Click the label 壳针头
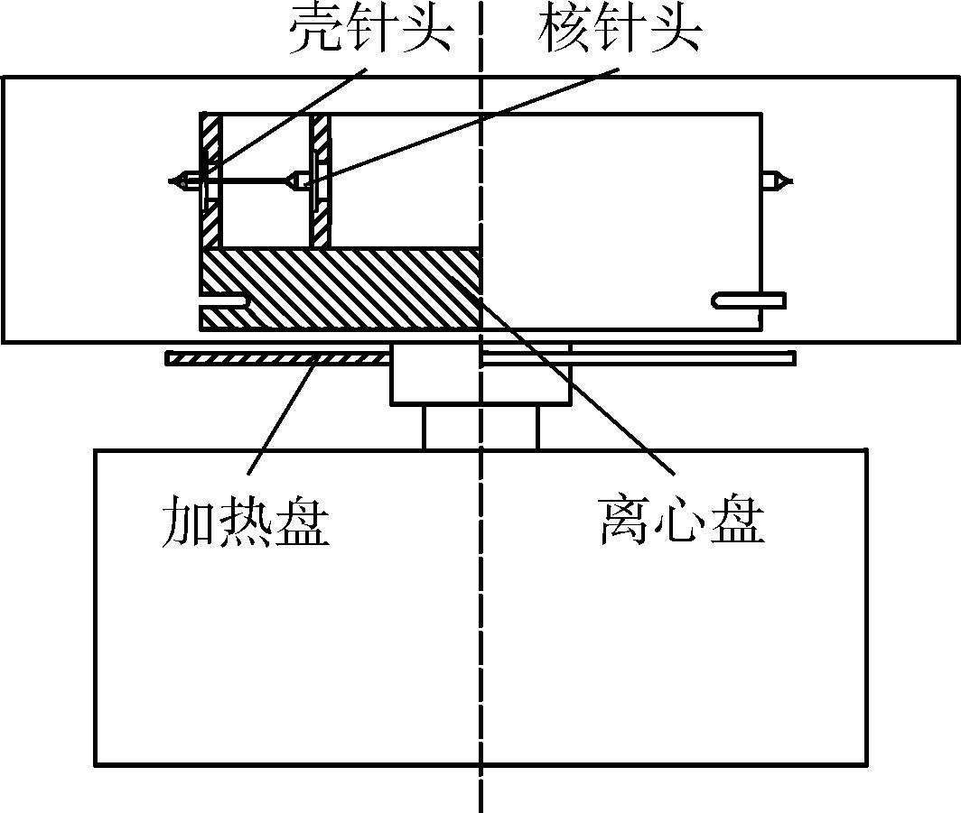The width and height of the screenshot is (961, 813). pos(372,29)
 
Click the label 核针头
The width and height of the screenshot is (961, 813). pos(619,29)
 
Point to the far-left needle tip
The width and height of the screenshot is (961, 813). pos(170,181)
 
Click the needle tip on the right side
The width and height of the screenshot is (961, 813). pos(792,181)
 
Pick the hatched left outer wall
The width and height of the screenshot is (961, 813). pos(211,180)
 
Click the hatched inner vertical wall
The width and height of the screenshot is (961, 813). pos(320,180)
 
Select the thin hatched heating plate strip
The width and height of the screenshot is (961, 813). pos(277,358)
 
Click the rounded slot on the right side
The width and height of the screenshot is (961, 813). pos(749,300)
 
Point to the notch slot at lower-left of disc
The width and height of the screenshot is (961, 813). pos(225,301)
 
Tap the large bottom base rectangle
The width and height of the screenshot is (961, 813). pos(481,606)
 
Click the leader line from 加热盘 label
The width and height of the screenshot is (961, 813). pos(283,415)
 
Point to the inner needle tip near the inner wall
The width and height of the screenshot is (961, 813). pos(287,181)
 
